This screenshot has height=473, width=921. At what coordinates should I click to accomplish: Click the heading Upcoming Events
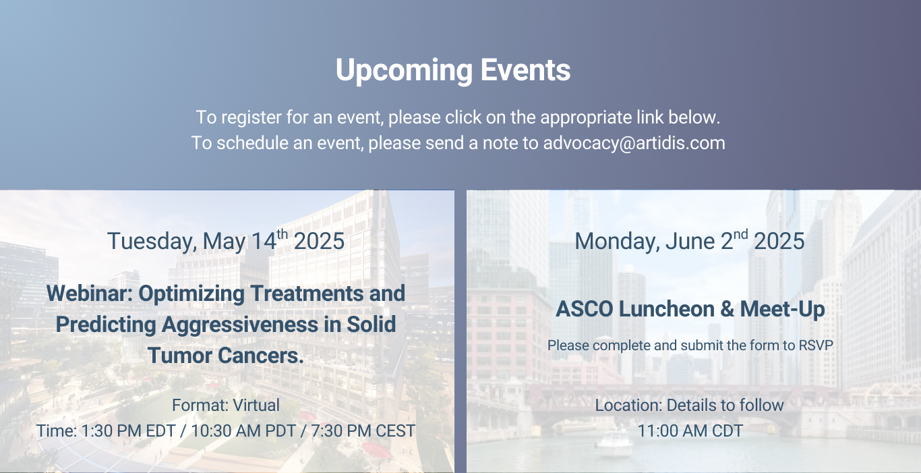[x=453, y=70]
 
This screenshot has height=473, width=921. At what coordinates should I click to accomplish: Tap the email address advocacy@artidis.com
[x=634, y=143]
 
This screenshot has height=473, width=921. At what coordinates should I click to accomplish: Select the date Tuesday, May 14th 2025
[x=226, y=240]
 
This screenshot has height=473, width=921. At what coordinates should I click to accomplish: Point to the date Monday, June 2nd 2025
[x=690, y=240]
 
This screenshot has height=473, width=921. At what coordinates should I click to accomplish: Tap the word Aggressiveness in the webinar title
[x=240, y=325]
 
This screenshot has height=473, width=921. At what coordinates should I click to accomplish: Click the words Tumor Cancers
[x=226, y=356]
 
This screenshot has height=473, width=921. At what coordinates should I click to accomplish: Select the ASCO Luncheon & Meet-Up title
[x=690, y=309]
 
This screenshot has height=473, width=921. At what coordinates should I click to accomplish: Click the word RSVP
[x=816, y=345]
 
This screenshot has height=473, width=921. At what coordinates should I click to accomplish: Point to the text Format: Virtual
[x=226, y=405]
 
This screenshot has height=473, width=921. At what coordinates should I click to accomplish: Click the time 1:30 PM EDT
[x=129, y=431]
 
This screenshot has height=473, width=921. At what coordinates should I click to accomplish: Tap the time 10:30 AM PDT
[x=243, y=431]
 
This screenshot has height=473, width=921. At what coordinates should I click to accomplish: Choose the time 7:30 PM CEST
[x=363, y=431]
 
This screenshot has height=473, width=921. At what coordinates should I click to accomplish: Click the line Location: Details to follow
[x=690, y=405]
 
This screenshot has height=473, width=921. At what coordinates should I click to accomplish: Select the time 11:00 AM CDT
[x=690, y=431]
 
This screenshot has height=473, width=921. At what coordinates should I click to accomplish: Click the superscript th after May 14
[x=282, y=234]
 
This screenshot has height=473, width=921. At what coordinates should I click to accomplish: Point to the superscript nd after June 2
[x=740, y=234]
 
